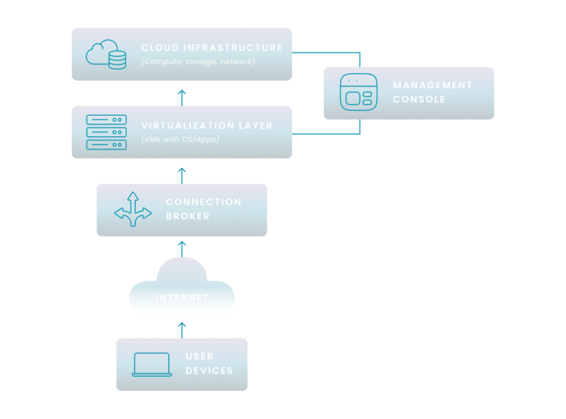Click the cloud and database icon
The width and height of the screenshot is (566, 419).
[x=106, y=54]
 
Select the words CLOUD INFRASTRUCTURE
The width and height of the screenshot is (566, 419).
[x=211, y=48]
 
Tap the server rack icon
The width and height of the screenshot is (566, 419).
[x=106, y=132]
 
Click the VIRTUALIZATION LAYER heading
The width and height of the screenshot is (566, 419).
[x=207, y=126]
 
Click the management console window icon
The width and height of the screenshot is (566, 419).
[x=358, y=92]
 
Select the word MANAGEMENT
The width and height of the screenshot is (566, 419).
[x=432, y=85]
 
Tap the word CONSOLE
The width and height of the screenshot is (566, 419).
[x=419, y=100]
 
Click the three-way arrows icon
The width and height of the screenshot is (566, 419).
[x=133, y=210]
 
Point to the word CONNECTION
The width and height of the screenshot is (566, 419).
[x=203, y=202]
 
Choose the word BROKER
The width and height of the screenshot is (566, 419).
[x=188, y=216]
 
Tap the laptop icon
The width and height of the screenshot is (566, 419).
[x=152, y=364]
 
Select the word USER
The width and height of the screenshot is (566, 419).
[x=199, y=356]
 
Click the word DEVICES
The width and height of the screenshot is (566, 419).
[x=209, y=371]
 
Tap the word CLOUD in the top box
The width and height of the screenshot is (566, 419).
[x=159, y=48]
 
